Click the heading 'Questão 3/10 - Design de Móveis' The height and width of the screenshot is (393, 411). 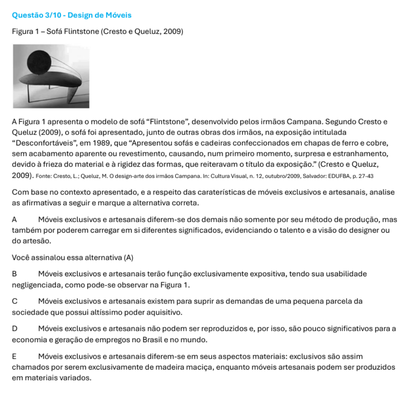coord(72,15)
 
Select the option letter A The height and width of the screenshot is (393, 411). coord(15,220)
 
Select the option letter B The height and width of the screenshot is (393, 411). coord(15,274)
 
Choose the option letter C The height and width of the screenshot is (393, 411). coord(15,301)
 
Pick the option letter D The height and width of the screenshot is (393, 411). coord(15,329)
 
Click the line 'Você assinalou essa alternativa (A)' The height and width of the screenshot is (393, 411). coord(72,257)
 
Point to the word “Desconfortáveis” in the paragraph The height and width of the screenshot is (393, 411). coord(38,143)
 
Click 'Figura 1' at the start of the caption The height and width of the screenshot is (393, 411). coord(26,32)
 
